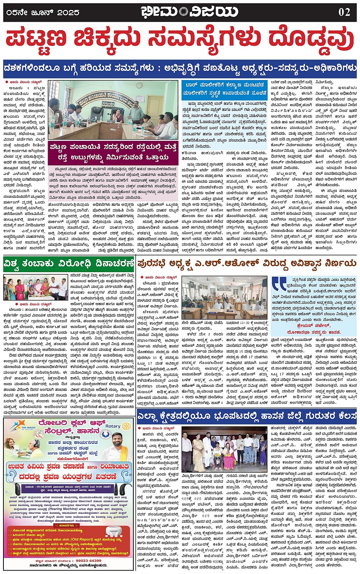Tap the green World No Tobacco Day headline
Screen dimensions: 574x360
point(69,263)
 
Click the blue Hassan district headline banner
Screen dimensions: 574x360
point(246,416)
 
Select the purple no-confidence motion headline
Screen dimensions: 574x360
point(246,263)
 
